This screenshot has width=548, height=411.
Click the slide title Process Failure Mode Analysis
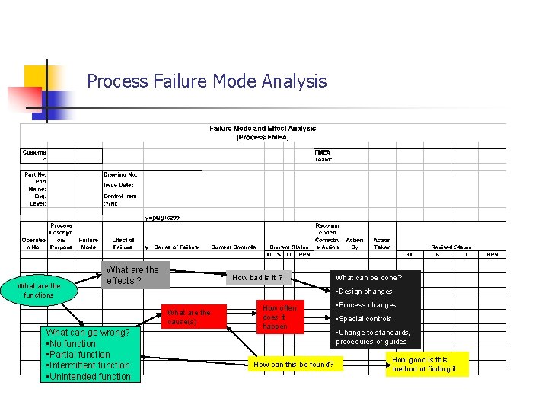pyautogui.click(x=207, y=81)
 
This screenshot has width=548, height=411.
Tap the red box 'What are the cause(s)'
pyautogui.click(x=189, y=317)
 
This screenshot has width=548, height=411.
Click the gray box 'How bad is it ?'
pyautogui.click(x=257, y=278)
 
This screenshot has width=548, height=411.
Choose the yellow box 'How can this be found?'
pyautogui.click(x=293, y=365)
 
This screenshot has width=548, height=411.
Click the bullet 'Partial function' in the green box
pyautogui.click(x=78, y=355)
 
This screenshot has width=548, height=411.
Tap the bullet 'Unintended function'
pyautogui.click(x=89, y=376)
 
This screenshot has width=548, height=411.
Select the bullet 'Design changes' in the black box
pyautogui.click(x=365, y=292)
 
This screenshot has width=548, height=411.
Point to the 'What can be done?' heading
pyautogui.click(x=368, y=278)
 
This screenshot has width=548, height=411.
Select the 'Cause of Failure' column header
pyautogui.click(x=177, y=247)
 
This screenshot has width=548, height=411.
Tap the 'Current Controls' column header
pyautogui.click(x=234, y=247)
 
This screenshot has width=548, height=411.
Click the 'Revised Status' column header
pyautogui.click(x=451, y=247)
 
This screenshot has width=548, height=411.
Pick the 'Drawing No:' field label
pyautogui.click(x=120, y=174)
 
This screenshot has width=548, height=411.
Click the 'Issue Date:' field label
pyautogui.click(x=118, y=185)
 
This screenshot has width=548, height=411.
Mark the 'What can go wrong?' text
pyautogui.click(x=88, y=333)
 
